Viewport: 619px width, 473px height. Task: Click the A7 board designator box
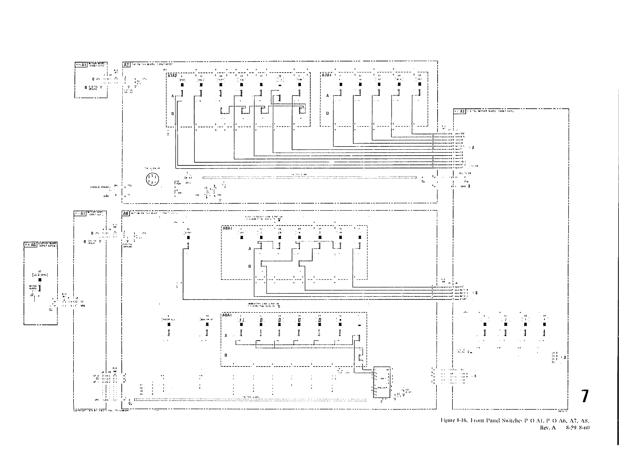(126, 64)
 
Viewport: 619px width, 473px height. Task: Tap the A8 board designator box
(126, 213)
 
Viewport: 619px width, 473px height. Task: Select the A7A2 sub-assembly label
(172, 76)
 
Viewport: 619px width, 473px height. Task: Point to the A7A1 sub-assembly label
(326, 75)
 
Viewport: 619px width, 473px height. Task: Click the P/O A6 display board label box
(30, 244)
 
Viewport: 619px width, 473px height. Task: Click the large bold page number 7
(585, 396)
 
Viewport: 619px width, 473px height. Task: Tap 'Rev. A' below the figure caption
(548, 428)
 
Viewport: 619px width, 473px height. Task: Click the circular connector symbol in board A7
(152, 179)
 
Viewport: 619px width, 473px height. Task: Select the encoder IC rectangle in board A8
(381, 382)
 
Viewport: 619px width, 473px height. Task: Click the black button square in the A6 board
(40, 280)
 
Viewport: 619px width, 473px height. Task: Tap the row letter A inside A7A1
(327, 96)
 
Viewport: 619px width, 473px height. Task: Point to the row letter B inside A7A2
(173, 114)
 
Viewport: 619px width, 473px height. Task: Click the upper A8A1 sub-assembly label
(227, 228)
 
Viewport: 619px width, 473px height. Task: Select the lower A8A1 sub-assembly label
(227, 315)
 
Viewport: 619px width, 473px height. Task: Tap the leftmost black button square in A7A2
(182, 85)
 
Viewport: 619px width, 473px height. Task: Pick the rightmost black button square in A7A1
(420, 84)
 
